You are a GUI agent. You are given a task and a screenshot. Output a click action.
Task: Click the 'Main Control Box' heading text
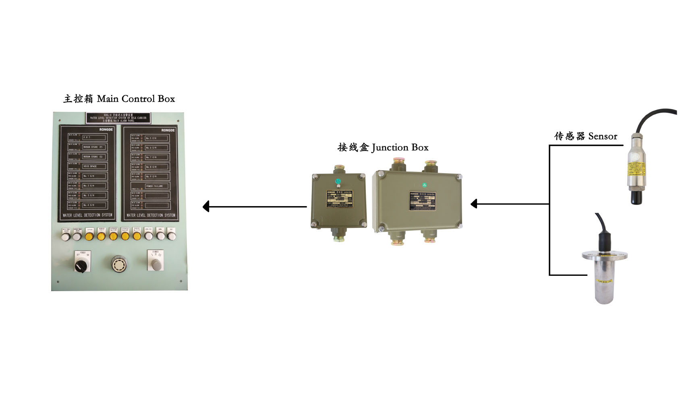point(119,99)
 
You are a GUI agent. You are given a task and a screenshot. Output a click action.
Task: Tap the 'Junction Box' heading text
point(383,148)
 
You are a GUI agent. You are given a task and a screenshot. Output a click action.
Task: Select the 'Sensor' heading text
point(585,136)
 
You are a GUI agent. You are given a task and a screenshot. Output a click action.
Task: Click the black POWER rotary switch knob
point(81,265)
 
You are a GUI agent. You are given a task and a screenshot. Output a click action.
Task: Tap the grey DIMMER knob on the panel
point(156,264)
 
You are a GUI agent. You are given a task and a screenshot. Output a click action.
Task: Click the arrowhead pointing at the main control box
point(206,207)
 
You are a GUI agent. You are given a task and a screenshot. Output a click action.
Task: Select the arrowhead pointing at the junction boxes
point(474,204)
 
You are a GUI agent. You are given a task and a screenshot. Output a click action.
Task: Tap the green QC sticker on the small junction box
point(338,181)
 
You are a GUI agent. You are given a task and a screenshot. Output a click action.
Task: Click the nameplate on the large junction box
point(423,200)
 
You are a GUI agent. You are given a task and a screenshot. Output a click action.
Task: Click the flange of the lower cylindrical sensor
point(604,256)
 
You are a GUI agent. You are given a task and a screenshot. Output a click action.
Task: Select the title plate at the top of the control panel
point(118,118)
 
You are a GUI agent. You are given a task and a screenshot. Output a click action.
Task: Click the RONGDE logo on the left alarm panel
point(106,130)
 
